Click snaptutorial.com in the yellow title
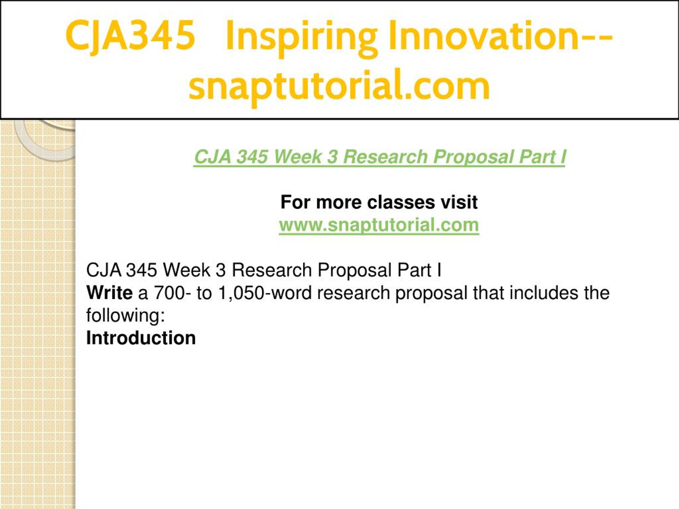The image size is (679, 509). click(339, 86)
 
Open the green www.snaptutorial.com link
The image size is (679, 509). click(379, 225)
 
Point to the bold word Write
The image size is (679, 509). click(110, 293)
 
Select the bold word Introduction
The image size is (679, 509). click(141, 338)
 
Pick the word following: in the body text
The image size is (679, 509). click(125, 316)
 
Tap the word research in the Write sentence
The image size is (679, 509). click(353, 293)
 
